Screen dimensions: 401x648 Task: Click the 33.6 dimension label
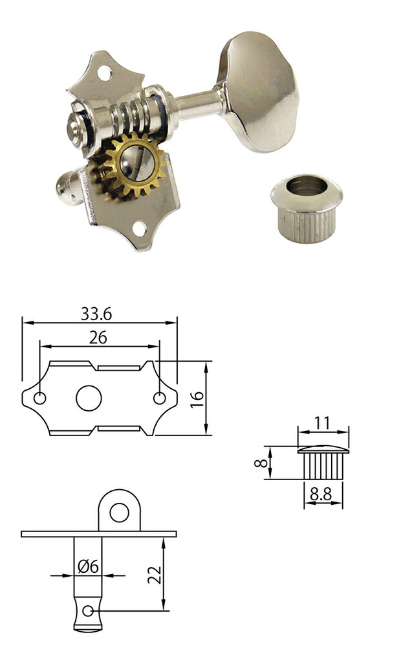point(96,314)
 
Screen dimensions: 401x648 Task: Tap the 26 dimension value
point(98,338)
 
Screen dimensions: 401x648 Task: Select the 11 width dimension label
point(322,422)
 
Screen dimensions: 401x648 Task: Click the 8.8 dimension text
point(321,494)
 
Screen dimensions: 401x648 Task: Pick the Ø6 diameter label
point(89,566)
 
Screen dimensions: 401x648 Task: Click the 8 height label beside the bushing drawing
point(261,463)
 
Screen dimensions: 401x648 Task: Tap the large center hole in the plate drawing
point(89,399)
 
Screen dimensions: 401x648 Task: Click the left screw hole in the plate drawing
point(39,399)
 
